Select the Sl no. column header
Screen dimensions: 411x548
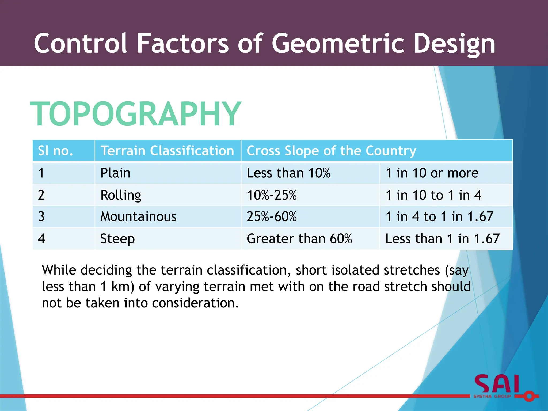pos(55,151)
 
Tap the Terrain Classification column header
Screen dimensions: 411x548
pos(167,151)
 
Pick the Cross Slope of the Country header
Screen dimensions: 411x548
pos(331,151)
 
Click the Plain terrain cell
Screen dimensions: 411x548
pos(115,173)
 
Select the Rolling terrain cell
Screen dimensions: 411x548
pos(121,195)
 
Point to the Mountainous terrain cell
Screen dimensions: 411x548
pos(138,216)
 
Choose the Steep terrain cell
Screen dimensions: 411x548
pos(117,239)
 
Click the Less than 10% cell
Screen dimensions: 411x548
pos(288,173)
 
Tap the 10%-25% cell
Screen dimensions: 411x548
pos(272,195)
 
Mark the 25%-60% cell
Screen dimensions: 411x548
pos(272,216)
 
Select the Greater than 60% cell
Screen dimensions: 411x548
pos(299,239)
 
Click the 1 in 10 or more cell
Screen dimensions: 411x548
pos(432,173)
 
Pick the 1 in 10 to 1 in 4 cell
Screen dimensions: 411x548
pos(433,195)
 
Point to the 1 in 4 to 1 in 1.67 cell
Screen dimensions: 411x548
pos(439,216)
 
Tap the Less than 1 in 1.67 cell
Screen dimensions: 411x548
pos(442,239)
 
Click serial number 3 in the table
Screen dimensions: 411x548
pos(41,216)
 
